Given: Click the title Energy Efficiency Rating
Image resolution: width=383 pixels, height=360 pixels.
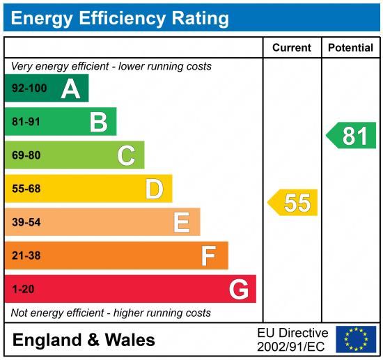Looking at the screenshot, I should point(120,17).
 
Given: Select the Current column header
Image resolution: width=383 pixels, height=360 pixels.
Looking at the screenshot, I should point(291,48).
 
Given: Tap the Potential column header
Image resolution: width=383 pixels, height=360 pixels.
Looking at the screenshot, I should point(350,48).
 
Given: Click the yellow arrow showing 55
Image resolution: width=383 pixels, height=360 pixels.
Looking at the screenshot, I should point(294,203).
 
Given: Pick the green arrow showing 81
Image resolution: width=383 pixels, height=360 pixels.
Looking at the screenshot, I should point(352,135).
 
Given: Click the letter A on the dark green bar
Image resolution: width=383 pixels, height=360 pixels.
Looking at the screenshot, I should point(70,88).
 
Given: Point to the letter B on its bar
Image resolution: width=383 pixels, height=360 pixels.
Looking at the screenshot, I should point(99,123).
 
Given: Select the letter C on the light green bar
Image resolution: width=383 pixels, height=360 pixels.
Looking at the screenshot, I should point(126,155).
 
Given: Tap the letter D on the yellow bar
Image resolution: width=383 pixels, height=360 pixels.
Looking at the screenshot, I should point(154,189).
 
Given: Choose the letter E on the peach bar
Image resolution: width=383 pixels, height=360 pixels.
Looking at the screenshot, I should point(182,222).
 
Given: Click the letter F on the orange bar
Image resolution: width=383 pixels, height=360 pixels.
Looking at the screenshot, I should point(208,256).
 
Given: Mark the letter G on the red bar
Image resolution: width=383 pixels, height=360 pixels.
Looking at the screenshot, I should point(239,289).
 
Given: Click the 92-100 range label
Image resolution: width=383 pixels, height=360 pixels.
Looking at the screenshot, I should point(29,88).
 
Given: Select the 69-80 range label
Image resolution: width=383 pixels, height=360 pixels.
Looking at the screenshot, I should point(26,155).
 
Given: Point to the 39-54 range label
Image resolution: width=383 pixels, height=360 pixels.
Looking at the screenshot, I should point(26,222).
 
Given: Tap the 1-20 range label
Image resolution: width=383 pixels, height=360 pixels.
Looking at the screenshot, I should point(23,289).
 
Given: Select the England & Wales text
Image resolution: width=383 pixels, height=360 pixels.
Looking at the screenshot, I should point(84,340).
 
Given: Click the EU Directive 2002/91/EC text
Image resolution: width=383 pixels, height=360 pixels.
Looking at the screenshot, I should point(292,339).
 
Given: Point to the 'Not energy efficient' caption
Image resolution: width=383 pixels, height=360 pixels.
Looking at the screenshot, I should point(111,313).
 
